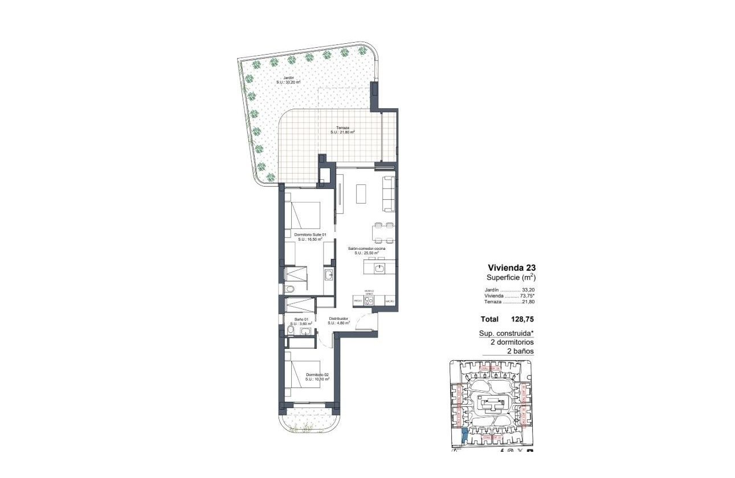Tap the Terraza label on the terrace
coord(342,129)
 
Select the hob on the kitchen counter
coord(369,300)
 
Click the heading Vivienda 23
coord(511,267)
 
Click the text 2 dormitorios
coord(512,343)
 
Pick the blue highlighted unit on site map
coord(463,436)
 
